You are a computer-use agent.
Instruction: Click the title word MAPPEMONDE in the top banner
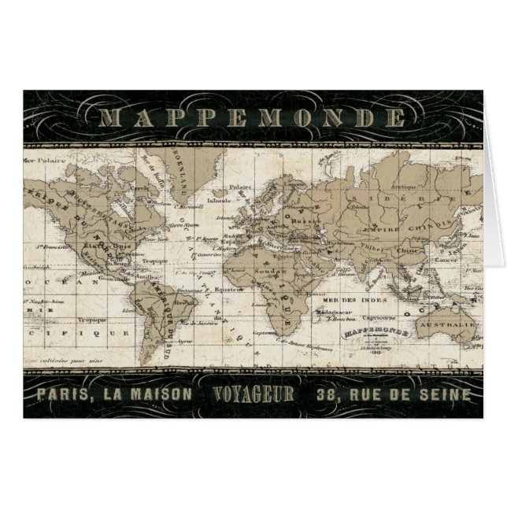(x=253, y=118)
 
